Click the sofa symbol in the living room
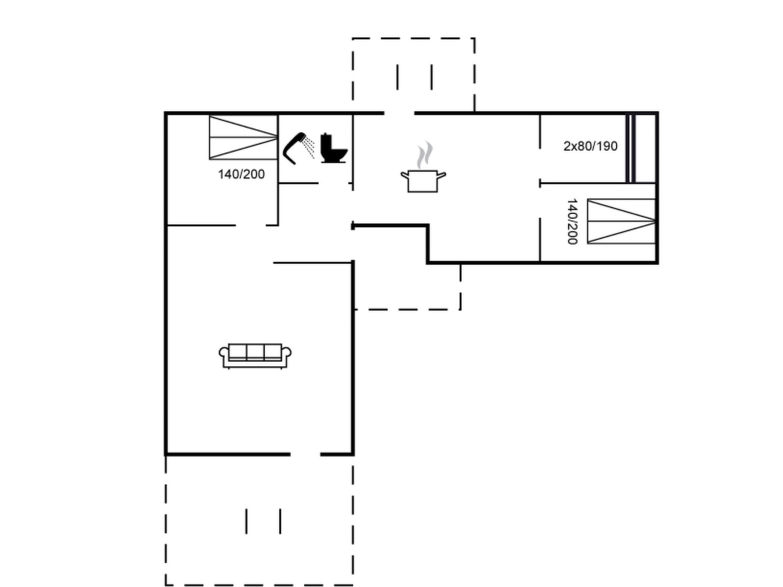coord(255,355)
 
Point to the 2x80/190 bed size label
coord(590,146)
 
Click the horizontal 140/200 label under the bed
coord(241,174)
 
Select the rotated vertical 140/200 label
coord(572,221)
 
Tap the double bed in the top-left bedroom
coord(243,138)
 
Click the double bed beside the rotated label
coord(621,221)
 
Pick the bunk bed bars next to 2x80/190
coord(630,148)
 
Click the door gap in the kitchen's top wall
coord(399,113)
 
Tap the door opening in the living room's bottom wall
coord(305,454)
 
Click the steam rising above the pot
coord(424,154)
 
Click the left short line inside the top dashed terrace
coord(398,77)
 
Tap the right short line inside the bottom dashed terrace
coord(280,521)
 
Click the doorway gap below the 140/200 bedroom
coord(250,225)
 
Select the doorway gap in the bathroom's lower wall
coord(333,183)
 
